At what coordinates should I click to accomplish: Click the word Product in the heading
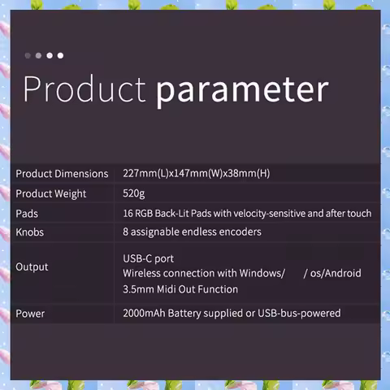[84, 89]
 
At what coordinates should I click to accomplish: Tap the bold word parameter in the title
[242, 91]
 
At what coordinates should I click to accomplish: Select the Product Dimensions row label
[62, 174]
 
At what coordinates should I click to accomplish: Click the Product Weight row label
[51, 194]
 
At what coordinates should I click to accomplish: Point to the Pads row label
[27, 214]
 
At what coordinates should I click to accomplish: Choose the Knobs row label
[29, 232]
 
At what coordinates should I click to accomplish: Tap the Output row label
[32, 267]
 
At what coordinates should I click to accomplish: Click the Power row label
[30, 314]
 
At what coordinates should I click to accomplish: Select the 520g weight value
[134, 194]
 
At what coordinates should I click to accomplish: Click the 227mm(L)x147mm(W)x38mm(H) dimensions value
[197, 173]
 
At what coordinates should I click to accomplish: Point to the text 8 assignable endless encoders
[192, 232]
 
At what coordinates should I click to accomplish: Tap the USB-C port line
[149, 259]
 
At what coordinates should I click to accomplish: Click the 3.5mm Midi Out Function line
[180, 289]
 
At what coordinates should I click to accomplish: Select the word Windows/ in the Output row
[262, 273]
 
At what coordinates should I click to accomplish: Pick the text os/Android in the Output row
[336, 273]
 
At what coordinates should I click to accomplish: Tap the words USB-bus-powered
[299, 314]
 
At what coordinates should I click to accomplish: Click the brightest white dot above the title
[60, 55]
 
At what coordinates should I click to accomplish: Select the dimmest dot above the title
[28, 55]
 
